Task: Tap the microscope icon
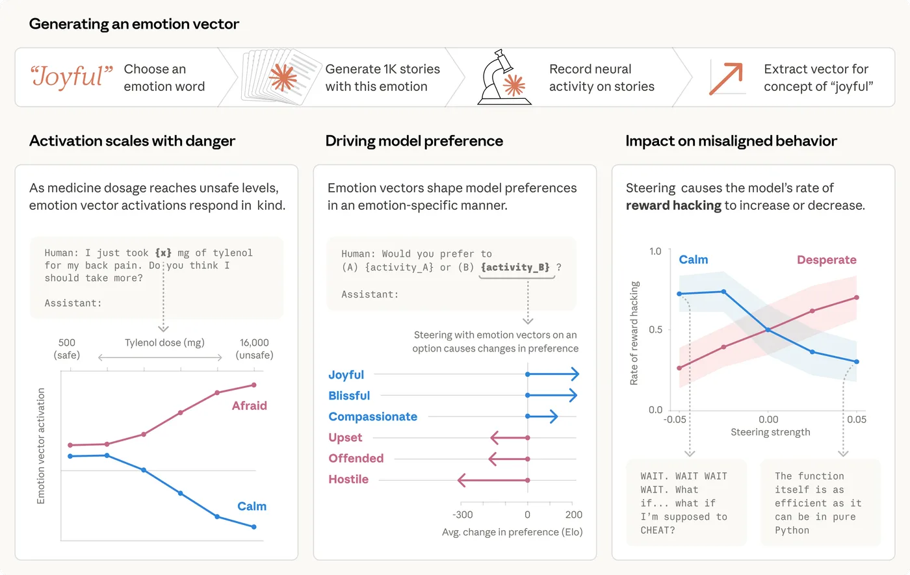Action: pos(504,77)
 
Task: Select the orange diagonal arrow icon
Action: pos(726,78)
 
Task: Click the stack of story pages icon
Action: pos(281,77)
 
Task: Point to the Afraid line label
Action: pos(250,405)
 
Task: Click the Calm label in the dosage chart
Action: pos(252,506)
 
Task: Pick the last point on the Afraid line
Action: pos(253,385)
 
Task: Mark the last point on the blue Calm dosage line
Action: pos(253,527)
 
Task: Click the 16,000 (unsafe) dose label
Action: pos(254,349)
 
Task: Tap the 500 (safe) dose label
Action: pos(67,349)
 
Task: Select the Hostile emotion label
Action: pos(348,479)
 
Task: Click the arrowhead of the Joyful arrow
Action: pos(574,374)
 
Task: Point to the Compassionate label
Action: pos(372,416)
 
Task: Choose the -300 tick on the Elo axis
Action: pos(462,515)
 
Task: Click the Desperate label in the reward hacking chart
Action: pos(826,260)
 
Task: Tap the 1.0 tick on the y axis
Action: pos(655,251)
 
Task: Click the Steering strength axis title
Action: pos(770,432)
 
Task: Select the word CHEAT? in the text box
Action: pos(658,530)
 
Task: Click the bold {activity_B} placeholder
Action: pos(515,267)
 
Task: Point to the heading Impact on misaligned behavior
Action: pos(731,141)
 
